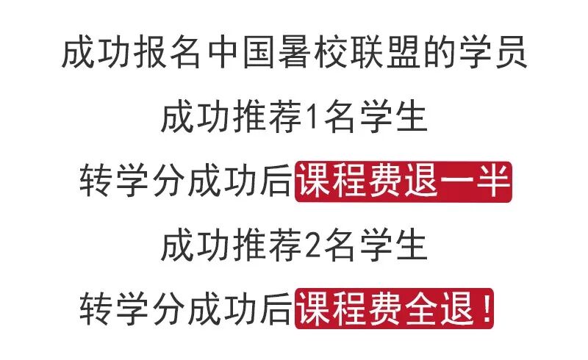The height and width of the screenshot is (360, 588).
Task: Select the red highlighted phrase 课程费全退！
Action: tap(395, 310)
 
